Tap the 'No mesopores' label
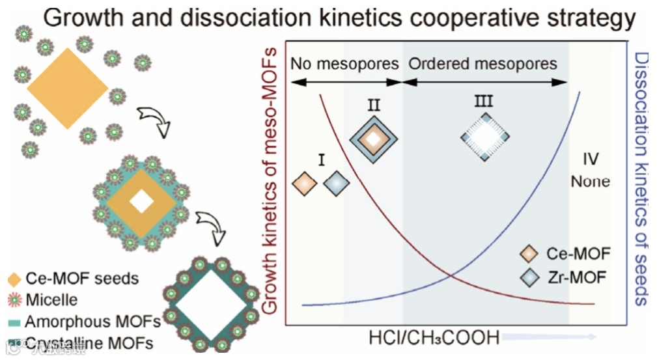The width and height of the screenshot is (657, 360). click(344, 64)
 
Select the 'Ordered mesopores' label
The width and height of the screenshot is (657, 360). click(482, 64)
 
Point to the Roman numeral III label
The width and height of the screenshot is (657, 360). click(483, 102)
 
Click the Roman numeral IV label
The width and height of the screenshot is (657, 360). click(591, 159)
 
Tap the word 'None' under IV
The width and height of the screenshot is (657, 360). click(591, 181)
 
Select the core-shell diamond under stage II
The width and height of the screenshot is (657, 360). click(372, 138)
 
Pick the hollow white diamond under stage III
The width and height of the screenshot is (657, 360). click(485, 137)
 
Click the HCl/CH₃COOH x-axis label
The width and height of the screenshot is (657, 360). click(434, 339)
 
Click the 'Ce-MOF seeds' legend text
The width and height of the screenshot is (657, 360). click(82, 279)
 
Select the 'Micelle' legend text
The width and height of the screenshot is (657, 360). click(51, 300)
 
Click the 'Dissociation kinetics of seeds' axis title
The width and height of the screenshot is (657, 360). click(641, 179)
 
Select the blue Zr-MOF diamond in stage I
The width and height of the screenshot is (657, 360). click(336, 184)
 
